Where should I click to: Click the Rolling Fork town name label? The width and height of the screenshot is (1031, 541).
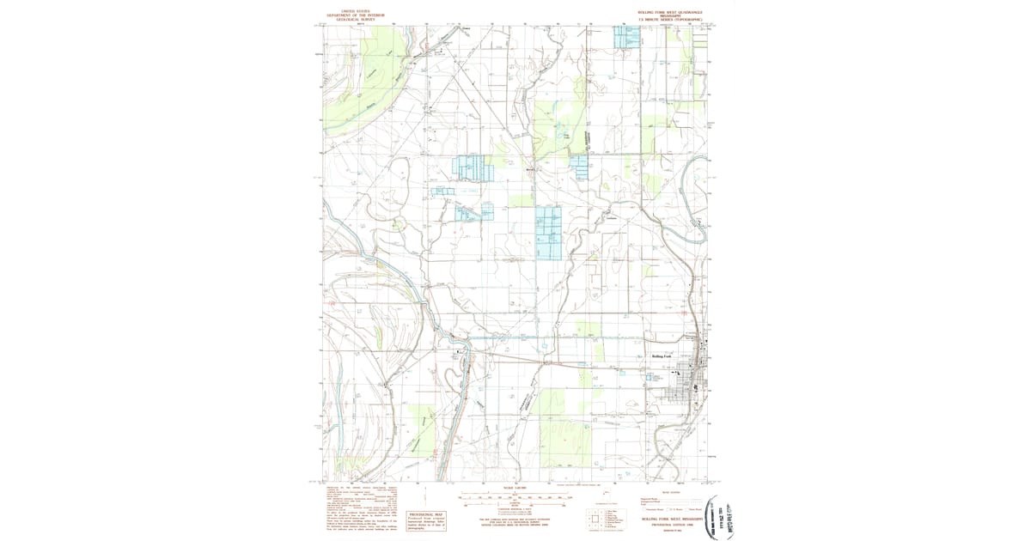[x=665, y=356]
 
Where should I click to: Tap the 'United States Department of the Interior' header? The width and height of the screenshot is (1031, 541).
[x=359, y=15]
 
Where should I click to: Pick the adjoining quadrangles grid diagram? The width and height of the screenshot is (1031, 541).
[x=595, y=518]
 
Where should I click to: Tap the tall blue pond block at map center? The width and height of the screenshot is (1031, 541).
[x=548, y=233]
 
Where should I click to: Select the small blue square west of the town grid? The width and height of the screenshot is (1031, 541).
[x=650, y=375]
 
